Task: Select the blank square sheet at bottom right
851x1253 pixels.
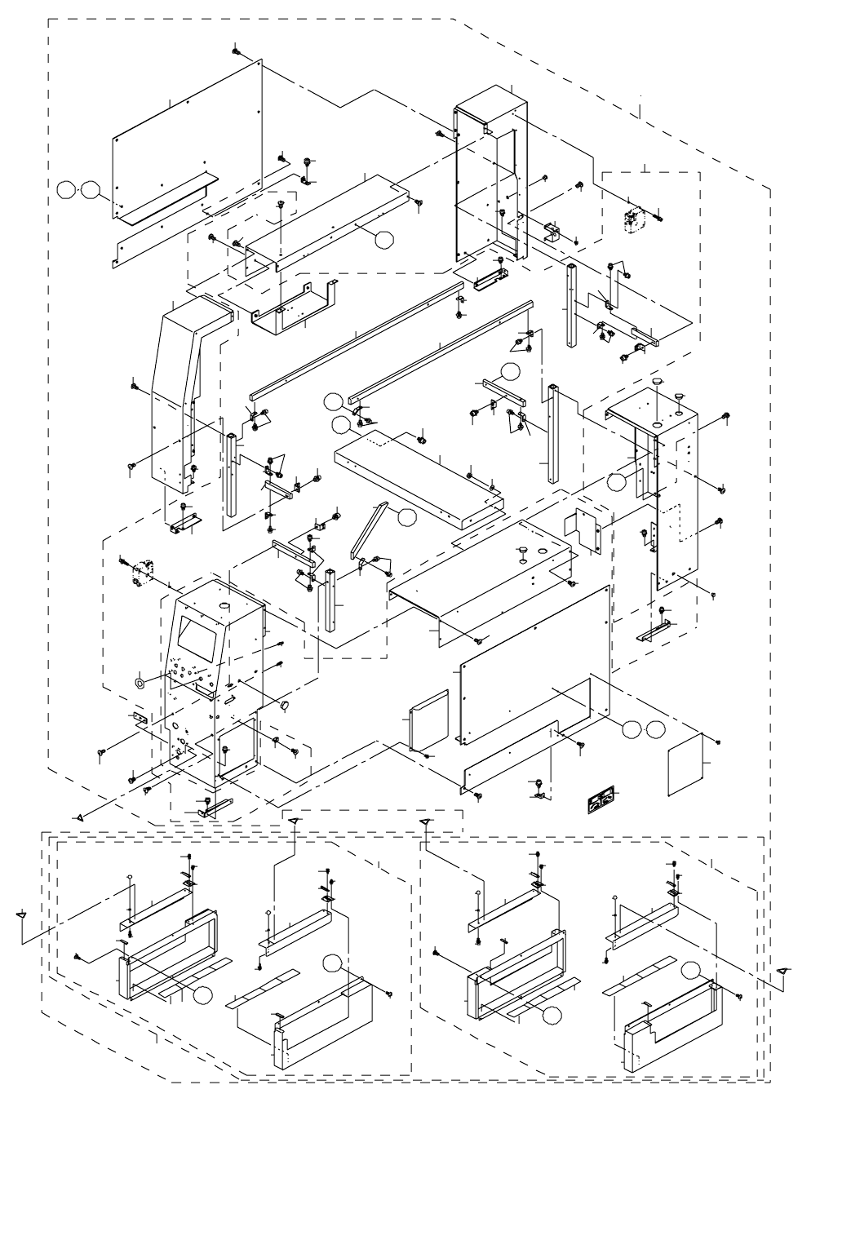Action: point(687,764)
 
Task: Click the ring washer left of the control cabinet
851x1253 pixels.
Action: point(140,681)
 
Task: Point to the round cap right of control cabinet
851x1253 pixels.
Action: point(286,704)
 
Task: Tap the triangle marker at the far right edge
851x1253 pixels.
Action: point(783,969)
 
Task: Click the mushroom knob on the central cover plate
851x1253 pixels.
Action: point(519,554)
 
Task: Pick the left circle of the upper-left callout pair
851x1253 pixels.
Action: point(66,191)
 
